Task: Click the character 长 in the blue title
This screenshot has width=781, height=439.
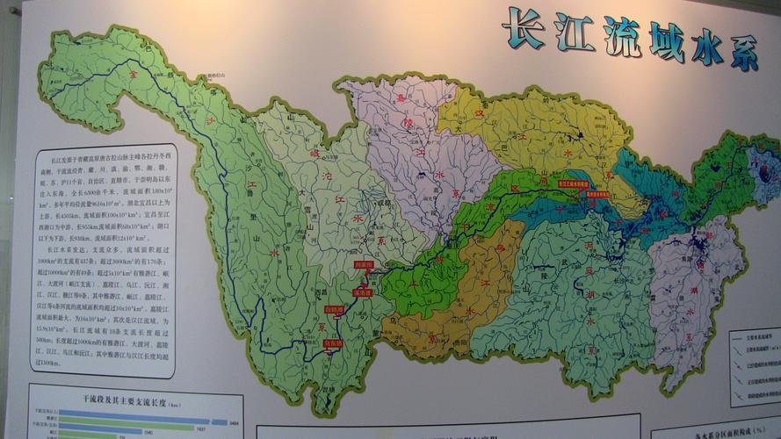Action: pyautogui.click(x=524, y=28)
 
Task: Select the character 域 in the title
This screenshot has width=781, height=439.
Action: pyautogui.click(x=667, y=41)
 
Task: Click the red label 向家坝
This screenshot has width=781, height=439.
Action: pyautogui.click(x=364, y=263)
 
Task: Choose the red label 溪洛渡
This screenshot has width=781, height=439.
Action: pyautogui.click(x=362, y=291)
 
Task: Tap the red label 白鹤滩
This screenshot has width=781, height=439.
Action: pyautogui.click(x=334, y=309)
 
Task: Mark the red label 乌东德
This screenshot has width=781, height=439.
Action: pyautogui.click(x=332, y=343)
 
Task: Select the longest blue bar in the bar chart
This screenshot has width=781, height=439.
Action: pyautogui.click(x=141, y=422)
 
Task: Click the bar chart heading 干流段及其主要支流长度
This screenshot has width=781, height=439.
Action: pyautogui.click(x=132, y=405)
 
